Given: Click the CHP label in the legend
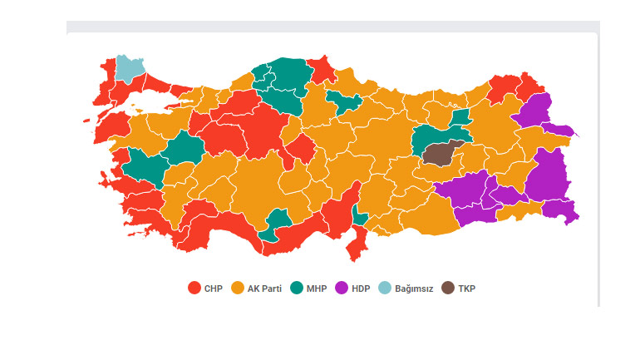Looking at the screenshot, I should tap(214, 288).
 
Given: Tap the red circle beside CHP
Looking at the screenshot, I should tap(194, 288).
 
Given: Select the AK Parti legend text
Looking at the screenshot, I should tap(264, 288).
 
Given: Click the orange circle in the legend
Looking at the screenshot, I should tap(237, 288).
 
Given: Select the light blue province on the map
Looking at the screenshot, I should tap(128, 68).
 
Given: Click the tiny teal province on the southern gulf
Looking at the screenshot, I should tap(360, 217).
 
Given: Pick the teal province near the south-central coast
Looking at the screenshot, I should tap(276, 223).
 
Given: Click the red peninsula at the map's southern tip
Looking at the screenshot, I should tap(358, 244).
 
